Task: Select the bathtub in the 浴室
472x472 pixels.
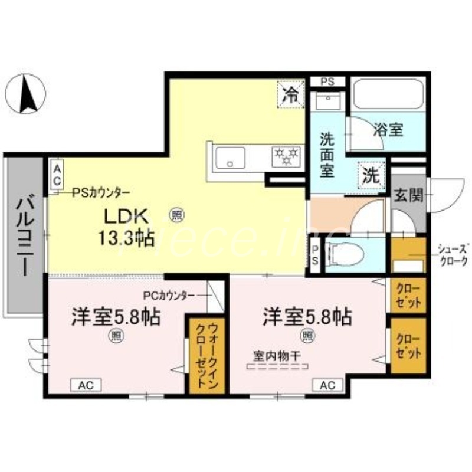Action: tap(388, 94)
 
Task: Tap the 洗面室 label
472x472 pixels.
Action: tap(327, 156)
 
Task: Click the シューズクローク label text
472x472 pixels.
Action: tap(453, 254)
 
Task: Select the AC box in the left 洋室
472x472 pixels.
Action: tap(86, 385)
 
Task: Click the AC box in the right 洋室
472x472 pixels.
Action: tap(327, 385)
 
